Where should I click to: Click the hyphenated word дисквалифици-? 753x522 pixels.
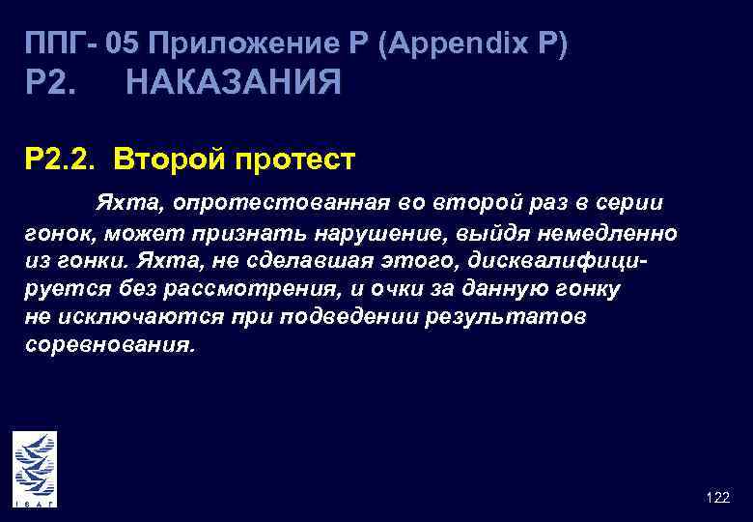(563, 262)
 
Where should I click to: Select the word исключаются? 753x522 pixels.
(128, 318)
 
